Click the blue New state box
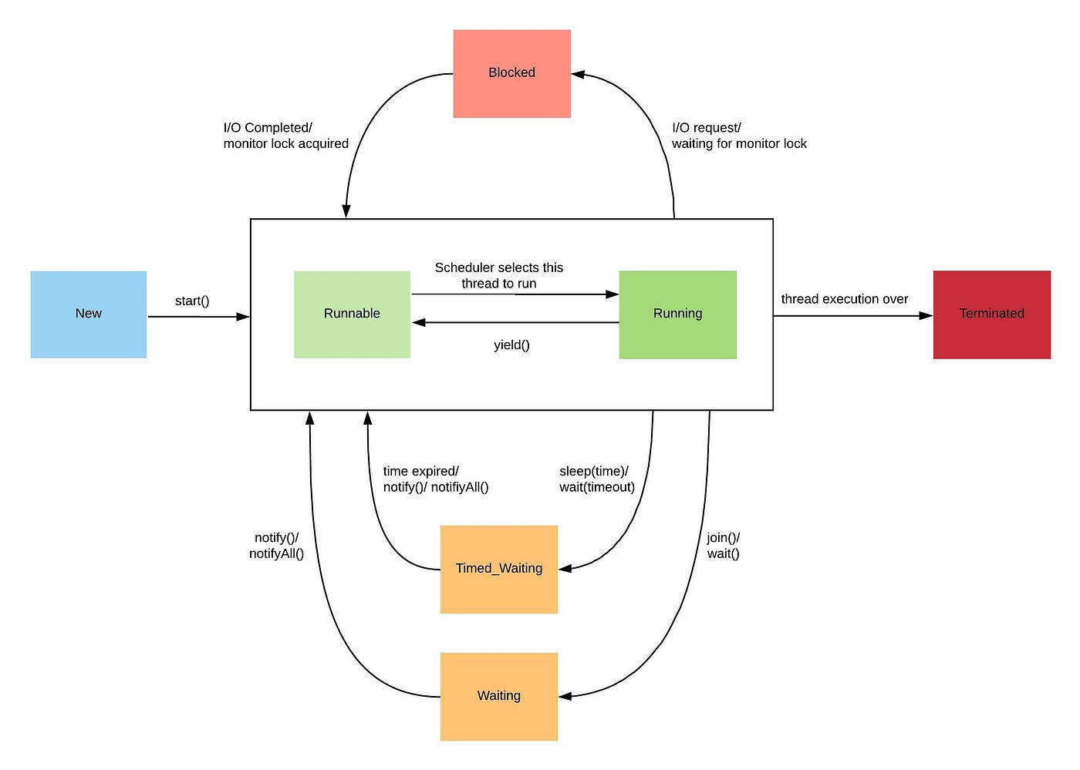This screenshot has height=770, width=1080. (89, 314)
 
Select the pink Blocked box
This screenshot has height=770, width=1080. (511, 73)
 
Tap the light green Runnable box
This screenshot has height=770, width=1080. (352, 314)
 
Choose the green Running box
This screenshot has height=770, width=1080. (677, 314)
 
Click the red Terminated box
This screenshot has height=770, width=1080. (991, 314)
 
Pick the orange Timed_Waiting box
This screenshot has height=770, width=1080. (499, 569)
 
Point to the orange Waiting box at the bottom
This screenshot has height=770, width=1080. (499, 696)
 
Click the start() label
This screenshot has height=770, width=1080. (192, 301)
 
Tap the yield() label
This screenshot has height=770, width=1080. (511, 345)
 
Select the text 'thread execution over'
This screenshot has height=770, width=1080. (845, 299)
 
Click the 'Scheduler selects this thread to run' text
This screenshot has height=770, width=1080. (499, 275)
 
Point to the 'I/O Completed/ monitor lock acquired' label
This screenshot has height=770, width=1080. (285, 136)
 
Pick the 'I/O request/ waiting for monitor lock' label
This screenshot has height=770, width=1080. (739, 136)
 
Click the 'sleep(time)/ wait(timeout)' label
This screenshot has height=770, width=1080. (597, 479)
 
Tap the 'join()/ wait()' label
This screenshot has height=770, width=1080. (724, 546)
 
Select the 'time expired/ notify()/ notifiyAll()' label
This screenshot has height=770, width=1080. (436, 479)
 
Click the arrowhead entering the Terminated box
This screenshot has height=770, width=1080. (926, 315)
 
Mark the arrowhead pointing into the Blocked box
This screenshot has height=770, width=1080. (579, 75)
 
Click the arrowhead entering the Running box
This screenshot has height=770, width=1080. (613, 294)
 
